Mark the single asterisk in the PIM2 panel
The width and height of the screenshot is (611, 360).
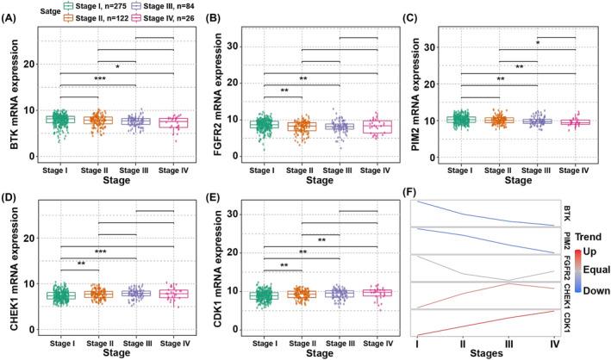tap(538, 42)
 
